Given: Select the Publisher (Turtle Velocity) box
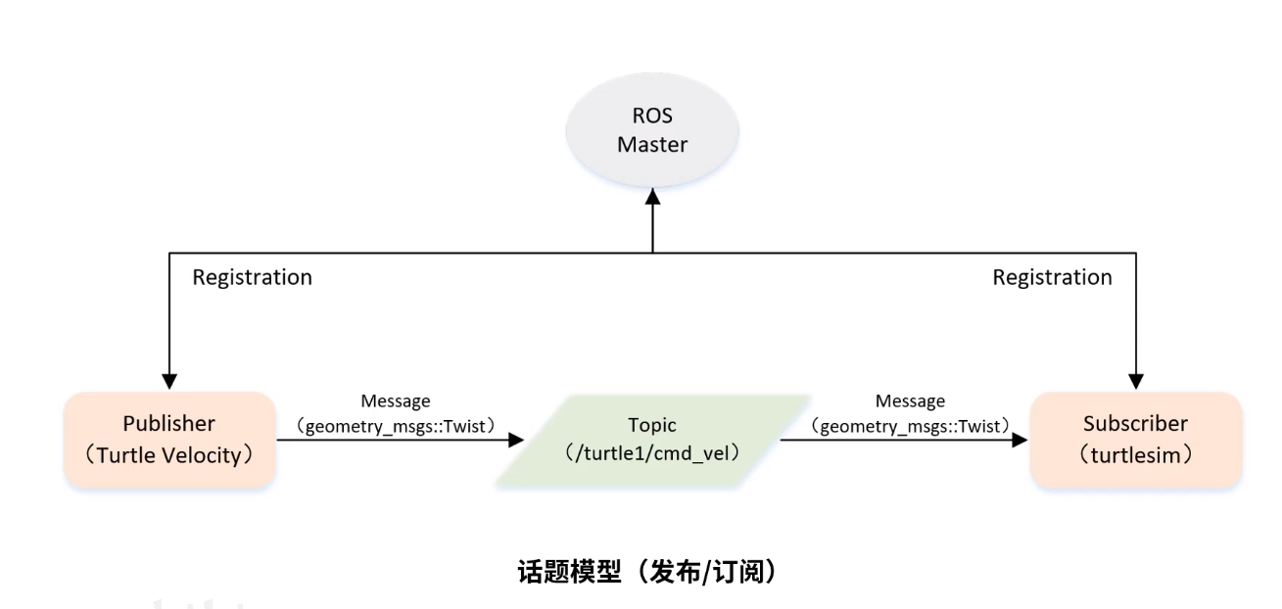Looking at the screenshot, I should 169,440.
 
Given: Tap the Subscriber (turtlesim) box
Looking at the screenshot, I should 1136,440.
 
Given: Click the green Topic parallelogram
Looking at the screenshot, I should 652,441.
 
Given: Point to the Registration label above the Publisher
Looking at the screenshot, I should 252,277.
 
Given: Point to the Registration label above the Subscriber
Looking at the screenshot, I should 1052,277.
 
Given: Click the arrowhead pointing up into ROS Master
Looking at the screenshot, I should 652,197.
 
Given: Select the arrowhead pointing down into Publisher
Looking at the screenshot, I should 169,381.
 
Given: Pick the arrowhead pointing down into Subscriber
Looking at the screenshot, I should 1136,381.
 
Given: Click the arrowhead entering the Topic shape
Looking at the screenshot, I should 516,441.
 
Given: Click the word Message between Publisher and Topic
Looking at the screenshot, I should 396,400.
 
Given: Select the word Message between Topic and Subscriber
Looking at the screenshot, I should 910,400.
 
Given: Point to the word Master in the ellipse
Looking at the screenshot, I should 652,145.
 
